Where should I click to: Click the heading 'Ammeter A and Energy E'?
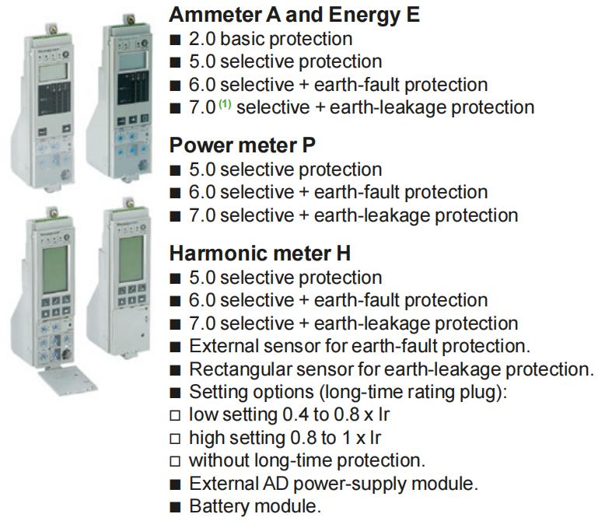point(294,15)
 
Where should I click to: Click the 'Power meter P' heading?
point(242,145)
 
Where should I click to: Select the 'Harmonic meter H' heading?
point(260,254)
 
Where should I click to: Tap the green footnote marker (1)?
point(225,103)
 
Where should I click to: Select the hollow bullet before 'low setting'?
point(175,415)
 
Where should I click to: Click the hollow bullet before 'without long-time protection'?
point(175,461)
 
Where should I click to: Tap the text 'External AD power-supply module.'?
point(334,484)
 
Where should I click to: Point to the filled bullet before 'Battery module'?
point(175,507)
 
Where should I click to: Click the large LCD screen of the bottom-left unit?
point(55,270)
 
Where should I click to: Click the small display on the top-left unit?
point(53,72)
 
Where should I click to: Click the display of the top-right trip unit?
point(132,60)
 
